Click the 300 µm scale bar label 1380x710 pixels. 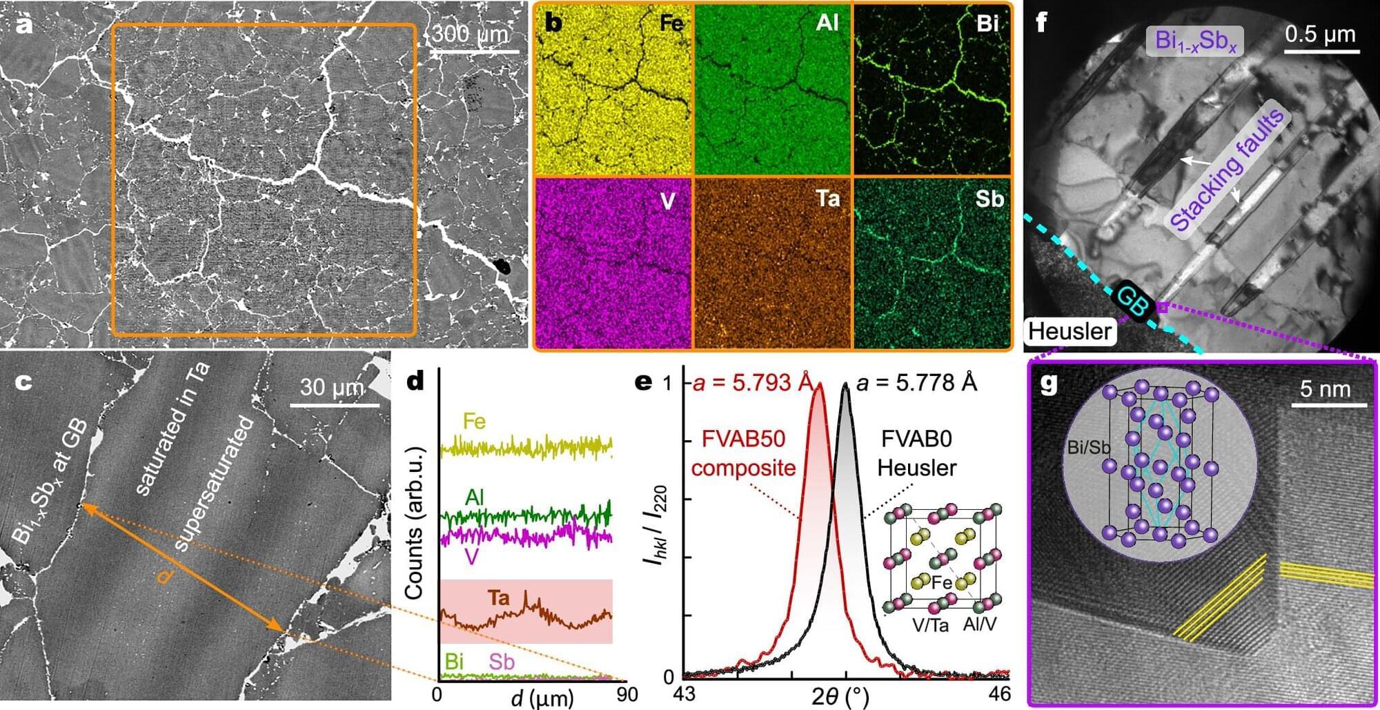pyautogui.click(x=470, y=33)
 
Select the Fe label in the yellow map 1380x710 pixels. pyautogui.click(x=671, y=23)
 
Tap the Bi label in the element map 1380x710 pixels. pyautogui.click(x=987, y=23)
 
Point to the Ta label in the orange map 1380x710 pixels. pyautogui.click(x=828, y=199)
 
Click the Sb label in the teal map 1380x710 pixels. pyautogui.click(x=989, y=199)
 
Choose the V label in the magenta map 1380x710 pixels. pyautogui.click(x=667, y=201)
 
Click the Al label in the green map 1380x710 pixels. pyautogui.click(x=827, y=23)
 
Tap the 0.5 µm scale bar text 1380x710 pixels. pyautogui.click(x=1320, y=34)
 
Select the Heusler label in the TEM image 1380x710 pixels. pyautogui.click(x=1070, y=331)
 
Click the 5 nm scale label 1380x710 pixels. pyautogui.click(x=1325, y=389)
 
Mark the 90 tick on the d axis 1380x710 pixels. pyautogui.click(x=627, y=693)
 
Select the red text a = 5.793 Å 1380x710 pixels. pyautogui.click(x=752, y=382)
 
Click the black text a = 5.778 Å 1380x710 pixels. pyautogui.click(x=916, y=382)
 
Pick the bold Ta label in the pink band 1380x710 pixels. pyautogui.click(x=498, y=597)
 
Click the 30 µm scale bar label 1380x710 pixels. pyautogui.click(x=332, y=388)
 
